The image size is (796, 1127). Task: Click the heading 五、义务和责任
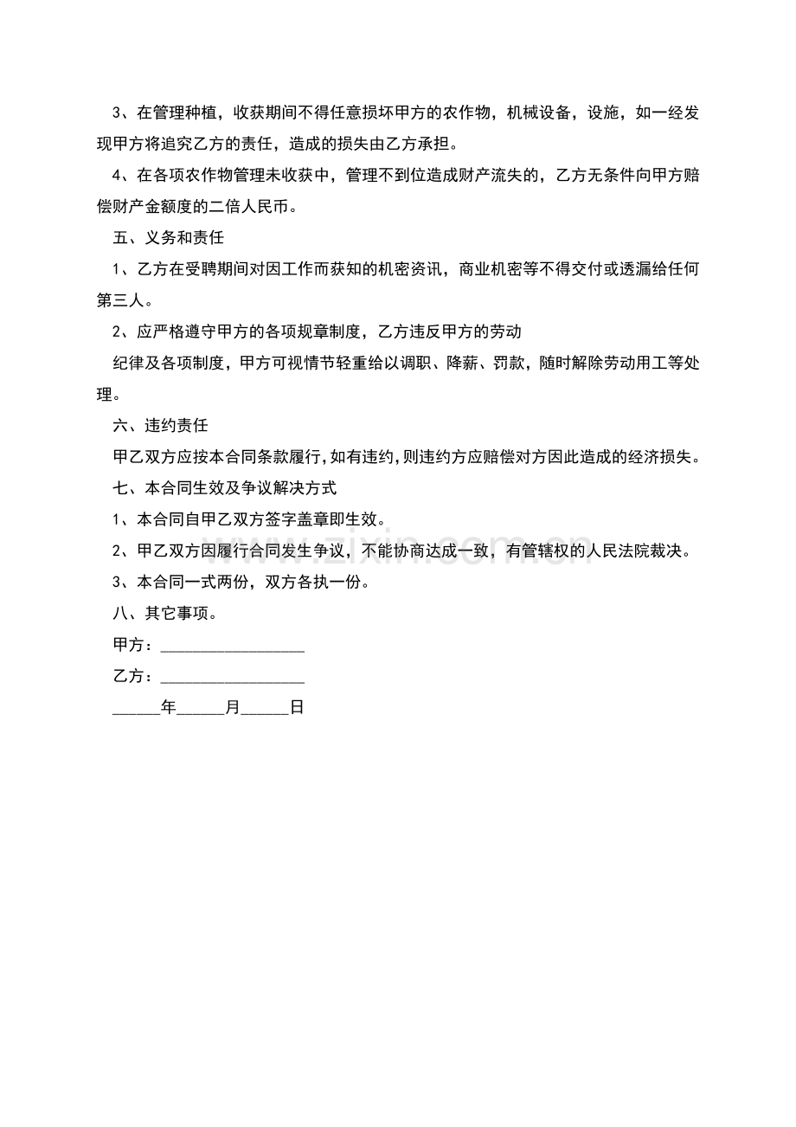[169, 237]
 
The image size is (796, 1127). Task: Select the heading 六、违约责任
[161, 426]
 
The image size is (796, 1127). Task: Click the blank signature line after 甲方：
[232, 646]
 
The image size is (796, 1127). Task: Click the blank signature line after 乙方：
[232, 677]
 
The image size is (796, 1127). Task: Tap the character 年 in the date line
[169, 708]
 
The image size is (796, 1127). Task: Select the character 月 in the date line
[233, 708]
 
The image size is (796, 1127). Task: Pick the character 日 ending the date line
[297, 708]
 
